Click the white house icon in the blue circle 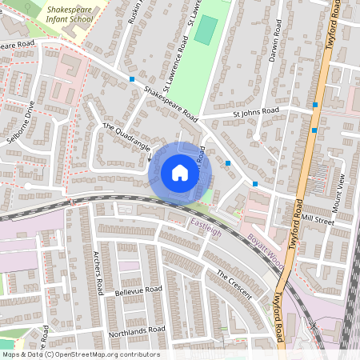coord(180,172)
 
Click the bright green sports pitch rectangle coord(206,30)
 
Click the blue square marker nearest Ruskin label coord(132,78)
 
